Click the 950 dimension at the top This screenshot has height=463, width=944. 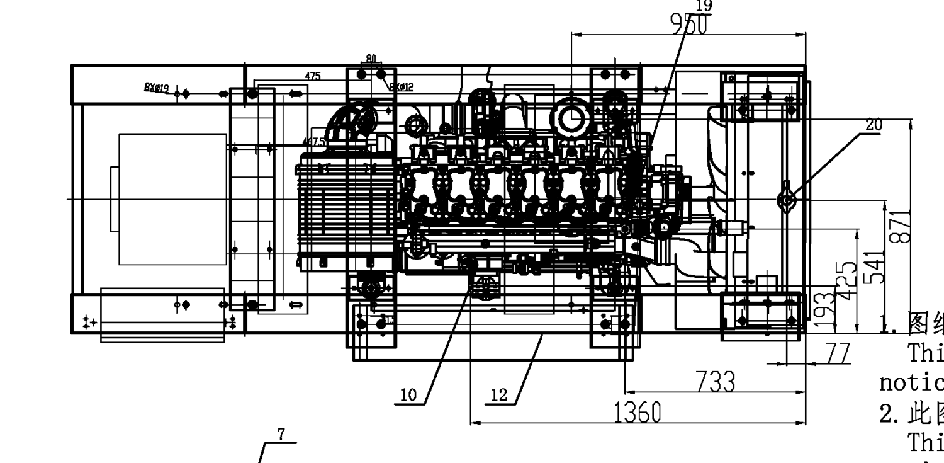(688, 24)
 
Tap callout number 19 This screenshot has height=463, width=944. (704, 6)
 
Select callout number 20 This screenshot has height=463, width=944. (874, 125)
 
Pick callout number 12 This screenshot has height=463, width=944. (498, 396)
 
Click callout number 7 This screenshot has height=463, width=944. (281, 435)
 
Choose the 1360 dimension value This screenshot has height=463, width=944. (638, 413)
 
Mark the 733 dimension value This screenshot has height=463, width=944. (715, 382)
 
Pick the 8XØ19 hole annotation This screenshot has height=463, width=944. (156, 88)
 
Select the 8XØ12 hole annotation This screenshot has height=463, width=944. (402, 87)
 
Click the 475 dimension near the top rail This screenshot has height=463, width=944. (313, 77)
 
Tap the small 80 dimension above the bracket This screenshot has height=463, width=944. (371, 59)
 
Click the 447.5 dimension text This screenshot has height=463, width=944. (313, 142)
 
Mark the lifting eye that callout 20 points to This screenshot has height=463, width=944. (787, 200)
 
